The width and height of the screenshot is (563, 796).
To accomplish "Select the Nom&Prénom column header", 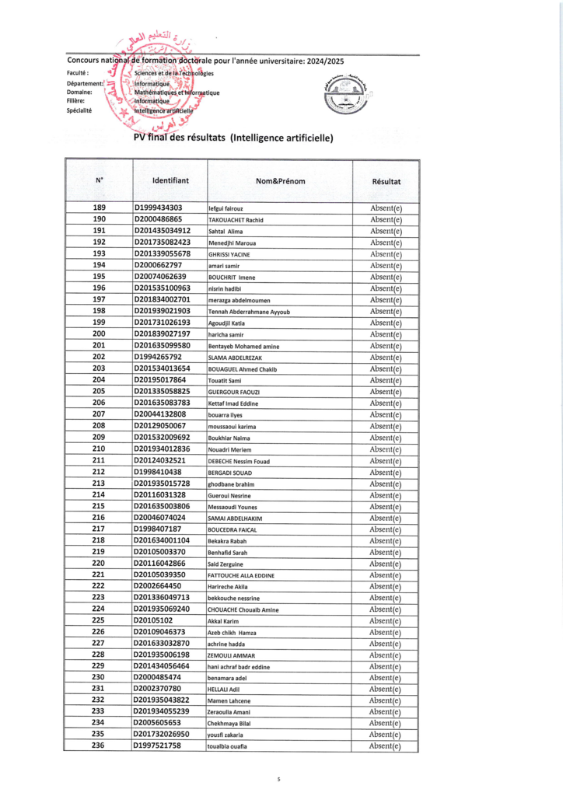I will pyautogui.click(x=280, y=181).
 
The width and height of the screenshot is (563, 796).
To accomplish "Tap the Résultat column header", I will pyautogui.click(x=386, y=181).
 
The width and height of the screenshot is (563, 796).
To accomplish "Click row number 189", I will pyautogui.click(x=99, y=208).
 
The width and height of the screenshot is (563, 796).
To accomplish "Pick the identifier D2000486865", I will pyautogui.click(x=159, y=219).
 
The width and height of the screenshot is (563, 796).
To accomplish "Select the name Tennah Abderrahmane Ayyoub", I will pyautogui.click(x=249, y=312).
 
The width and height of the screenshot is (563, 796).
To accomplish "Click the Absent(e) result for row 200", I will pyautogui.click(x=386, y=334).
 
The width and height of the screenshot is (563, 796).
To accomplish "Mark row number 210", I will pyautogui.click(x=99, y=449).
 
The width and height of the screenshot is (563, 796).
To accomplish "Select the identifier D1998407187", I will pyautogui.click(x=158, y=529).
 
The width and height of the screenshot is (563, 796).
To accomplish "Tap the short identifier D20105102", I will pyautogui.click(x=153, y=620).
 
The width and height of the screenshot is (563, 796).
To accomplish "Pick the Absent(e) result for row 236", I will pyautogui.click(x=386, y=746).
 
